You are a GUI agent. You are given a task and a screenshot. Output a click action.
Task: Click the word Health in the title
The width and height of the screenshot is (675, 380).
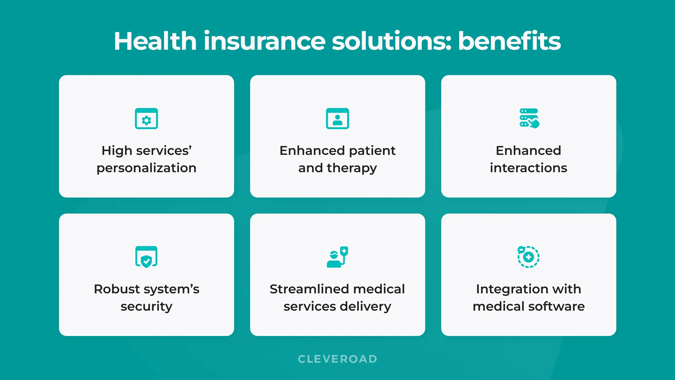155,41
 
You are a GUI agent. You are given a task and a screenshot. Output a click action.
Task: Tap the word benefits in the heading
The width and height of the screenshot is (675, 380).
509,41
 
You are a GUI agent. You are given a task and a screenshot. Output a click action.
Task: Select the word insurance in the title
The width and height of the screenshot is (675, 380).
264,41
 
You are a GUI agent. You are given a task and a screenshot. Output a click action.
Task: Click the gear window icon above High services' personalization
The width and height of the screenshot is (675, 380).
146,119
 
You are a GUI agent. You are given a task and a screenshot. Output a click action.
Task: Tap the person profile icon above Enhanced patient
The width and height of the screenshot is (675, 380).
337,119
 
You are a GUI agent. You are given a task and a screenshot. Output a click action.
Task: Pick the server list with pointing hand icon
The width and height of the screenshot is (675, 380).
529,118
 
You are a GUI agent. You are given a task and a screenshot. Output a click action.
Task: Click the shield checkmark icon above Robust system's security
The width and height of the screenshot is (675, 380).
146,257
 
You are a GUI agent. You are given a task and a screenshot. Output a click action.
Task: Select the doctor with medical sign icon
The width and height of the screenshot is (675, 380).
337,257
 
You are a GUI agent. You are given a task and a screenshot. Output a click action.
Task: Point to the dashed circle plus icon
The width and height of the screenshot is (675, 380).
528,257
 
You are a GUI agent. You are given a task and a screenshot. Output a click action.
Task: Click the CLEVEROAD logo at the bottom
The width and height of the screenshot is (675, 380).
337,359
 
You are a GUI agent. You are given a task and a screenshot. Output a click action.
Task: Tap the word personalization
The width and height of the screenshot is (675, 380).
146,168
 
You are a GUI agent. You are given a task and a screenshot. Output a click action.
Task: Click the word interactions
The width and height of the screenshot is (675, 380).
528,168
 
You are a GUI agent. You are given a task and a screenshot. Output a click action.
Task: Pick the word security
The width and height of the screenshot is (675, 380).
146,307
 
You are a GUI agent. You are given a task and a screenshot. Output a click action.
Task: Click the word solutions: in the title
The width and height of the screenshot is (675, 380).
391,41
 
